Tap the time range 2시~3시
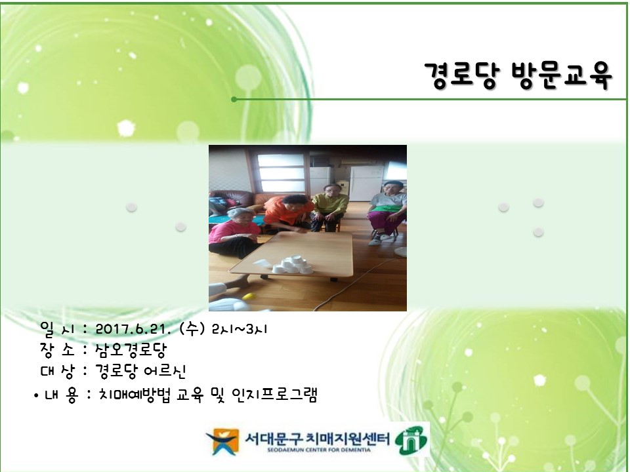240,328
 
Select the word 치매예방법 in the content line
130,395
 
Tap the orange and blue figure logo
221,441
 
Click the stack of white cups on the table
291,264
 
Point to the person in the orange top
287,211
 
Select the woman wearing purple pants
387,210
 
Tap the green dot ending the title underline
234,100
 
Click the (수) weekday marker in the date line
190,328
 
